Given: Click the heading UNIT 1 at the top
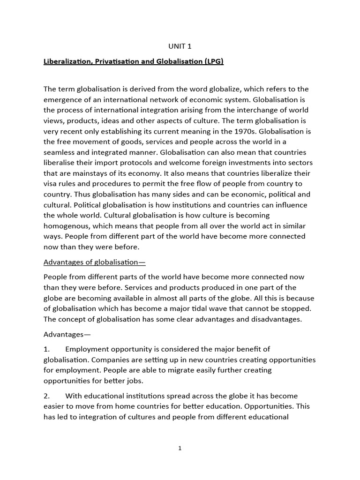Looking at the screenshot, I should click(180, 46).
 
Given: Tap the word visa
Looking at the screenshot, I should click(51, 184).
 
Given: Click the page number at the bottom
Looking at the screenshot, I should click(180, 449).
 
